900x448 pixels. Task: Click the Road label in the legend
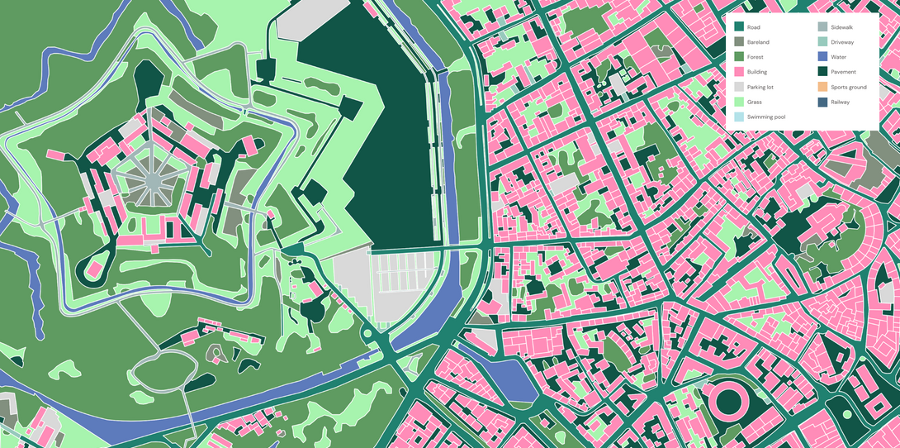click(x=753, y=27)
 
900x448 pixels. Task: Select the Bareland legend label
click(x=758, y=42)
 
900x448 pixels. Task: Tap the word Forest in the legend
click(x=756, y=57)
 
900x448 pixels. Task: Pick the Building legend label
click(x=757, y=72)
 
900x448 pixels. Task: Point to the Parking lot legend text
click(x=760, y=87)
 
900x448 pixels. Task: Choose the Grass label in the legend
click(x=755, y=102)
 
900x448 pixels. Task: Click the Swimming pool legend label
click(x=765, y=117)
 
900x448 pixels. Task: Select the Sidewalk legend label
click(x=842, y=27)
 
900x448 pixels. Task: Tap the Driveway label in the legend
click(x=842, y=42)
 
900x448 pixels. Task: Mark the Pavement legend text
click(x=843, y=72)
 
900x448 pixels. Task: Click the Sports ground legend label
click(x=848, y=87)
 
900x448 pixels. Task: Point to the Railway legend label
click(x=840, y=102)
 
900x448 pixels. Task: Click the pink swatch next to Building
click(x=739, y=72)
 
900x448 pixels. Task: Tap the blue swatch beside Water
click(x=822, y=57)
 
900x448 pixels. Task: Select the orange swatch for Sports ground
click(x=822, y=87)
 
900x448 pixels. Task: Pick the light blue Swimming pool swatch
click(x=739, y=117)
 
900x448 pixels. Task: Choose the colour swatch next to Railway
click(x=822, y=102)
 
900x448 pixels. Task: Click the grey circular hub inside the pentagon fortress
click(x=154, y=180)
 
